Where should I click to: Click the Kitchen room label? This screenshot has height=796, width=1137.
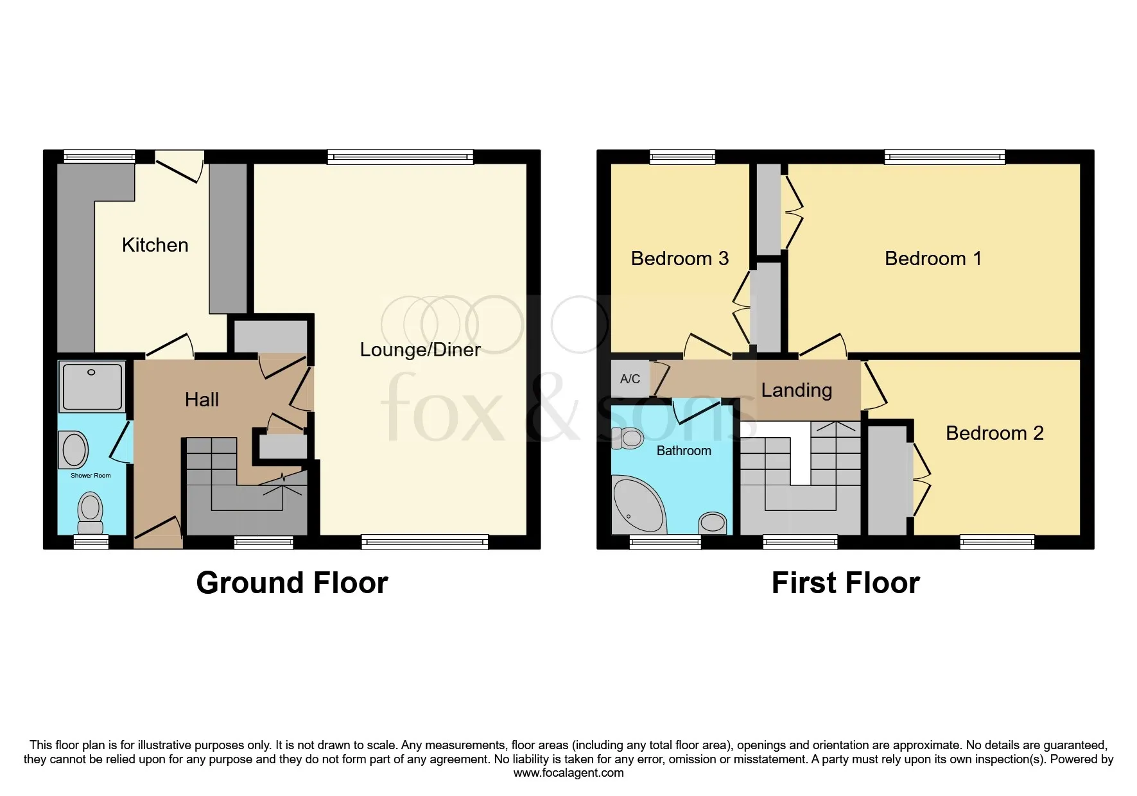[155, 245]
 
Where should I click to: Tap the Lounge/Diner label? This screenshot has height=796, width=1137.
[420, 349]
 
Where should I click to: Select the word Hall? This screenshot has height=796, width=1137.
[202, 399]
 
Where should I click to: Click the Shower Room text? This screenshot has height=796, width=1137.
[91, 476]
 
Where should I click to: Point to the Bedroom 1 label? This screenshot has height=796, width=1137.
[933, 258]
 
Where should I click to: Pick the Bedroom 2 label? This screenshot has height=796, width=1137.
[994, 433]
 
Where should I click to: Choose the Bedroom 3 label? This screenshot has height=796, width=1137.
[680, 258]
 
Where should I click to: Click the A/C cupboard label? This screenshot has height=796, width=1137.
[630, 379]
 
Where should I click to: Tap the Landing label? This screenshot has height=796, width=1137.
[797, 390]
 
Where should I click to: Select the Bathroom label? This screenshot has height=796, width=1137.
[684, 451]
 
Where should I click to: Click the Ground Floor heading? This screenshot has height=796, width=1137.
[292, 583]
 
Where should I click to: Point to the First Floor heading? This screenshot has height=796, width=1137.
[846, 583]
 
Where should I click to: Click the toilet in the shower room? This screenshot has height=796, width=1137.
[91, 512]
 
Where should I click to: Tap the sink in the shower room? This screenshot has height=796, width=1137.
[74, 449]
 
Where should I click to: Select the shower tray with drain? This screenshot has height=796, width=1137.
[92, 386]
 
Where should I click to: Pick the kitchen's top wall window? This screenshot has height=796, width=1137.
[100, 157]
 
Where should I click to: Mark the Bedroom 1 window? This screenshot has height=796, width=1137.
[944, 157]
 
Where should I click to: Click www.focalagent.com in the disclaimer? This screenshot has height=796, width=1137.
[568, 773]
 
